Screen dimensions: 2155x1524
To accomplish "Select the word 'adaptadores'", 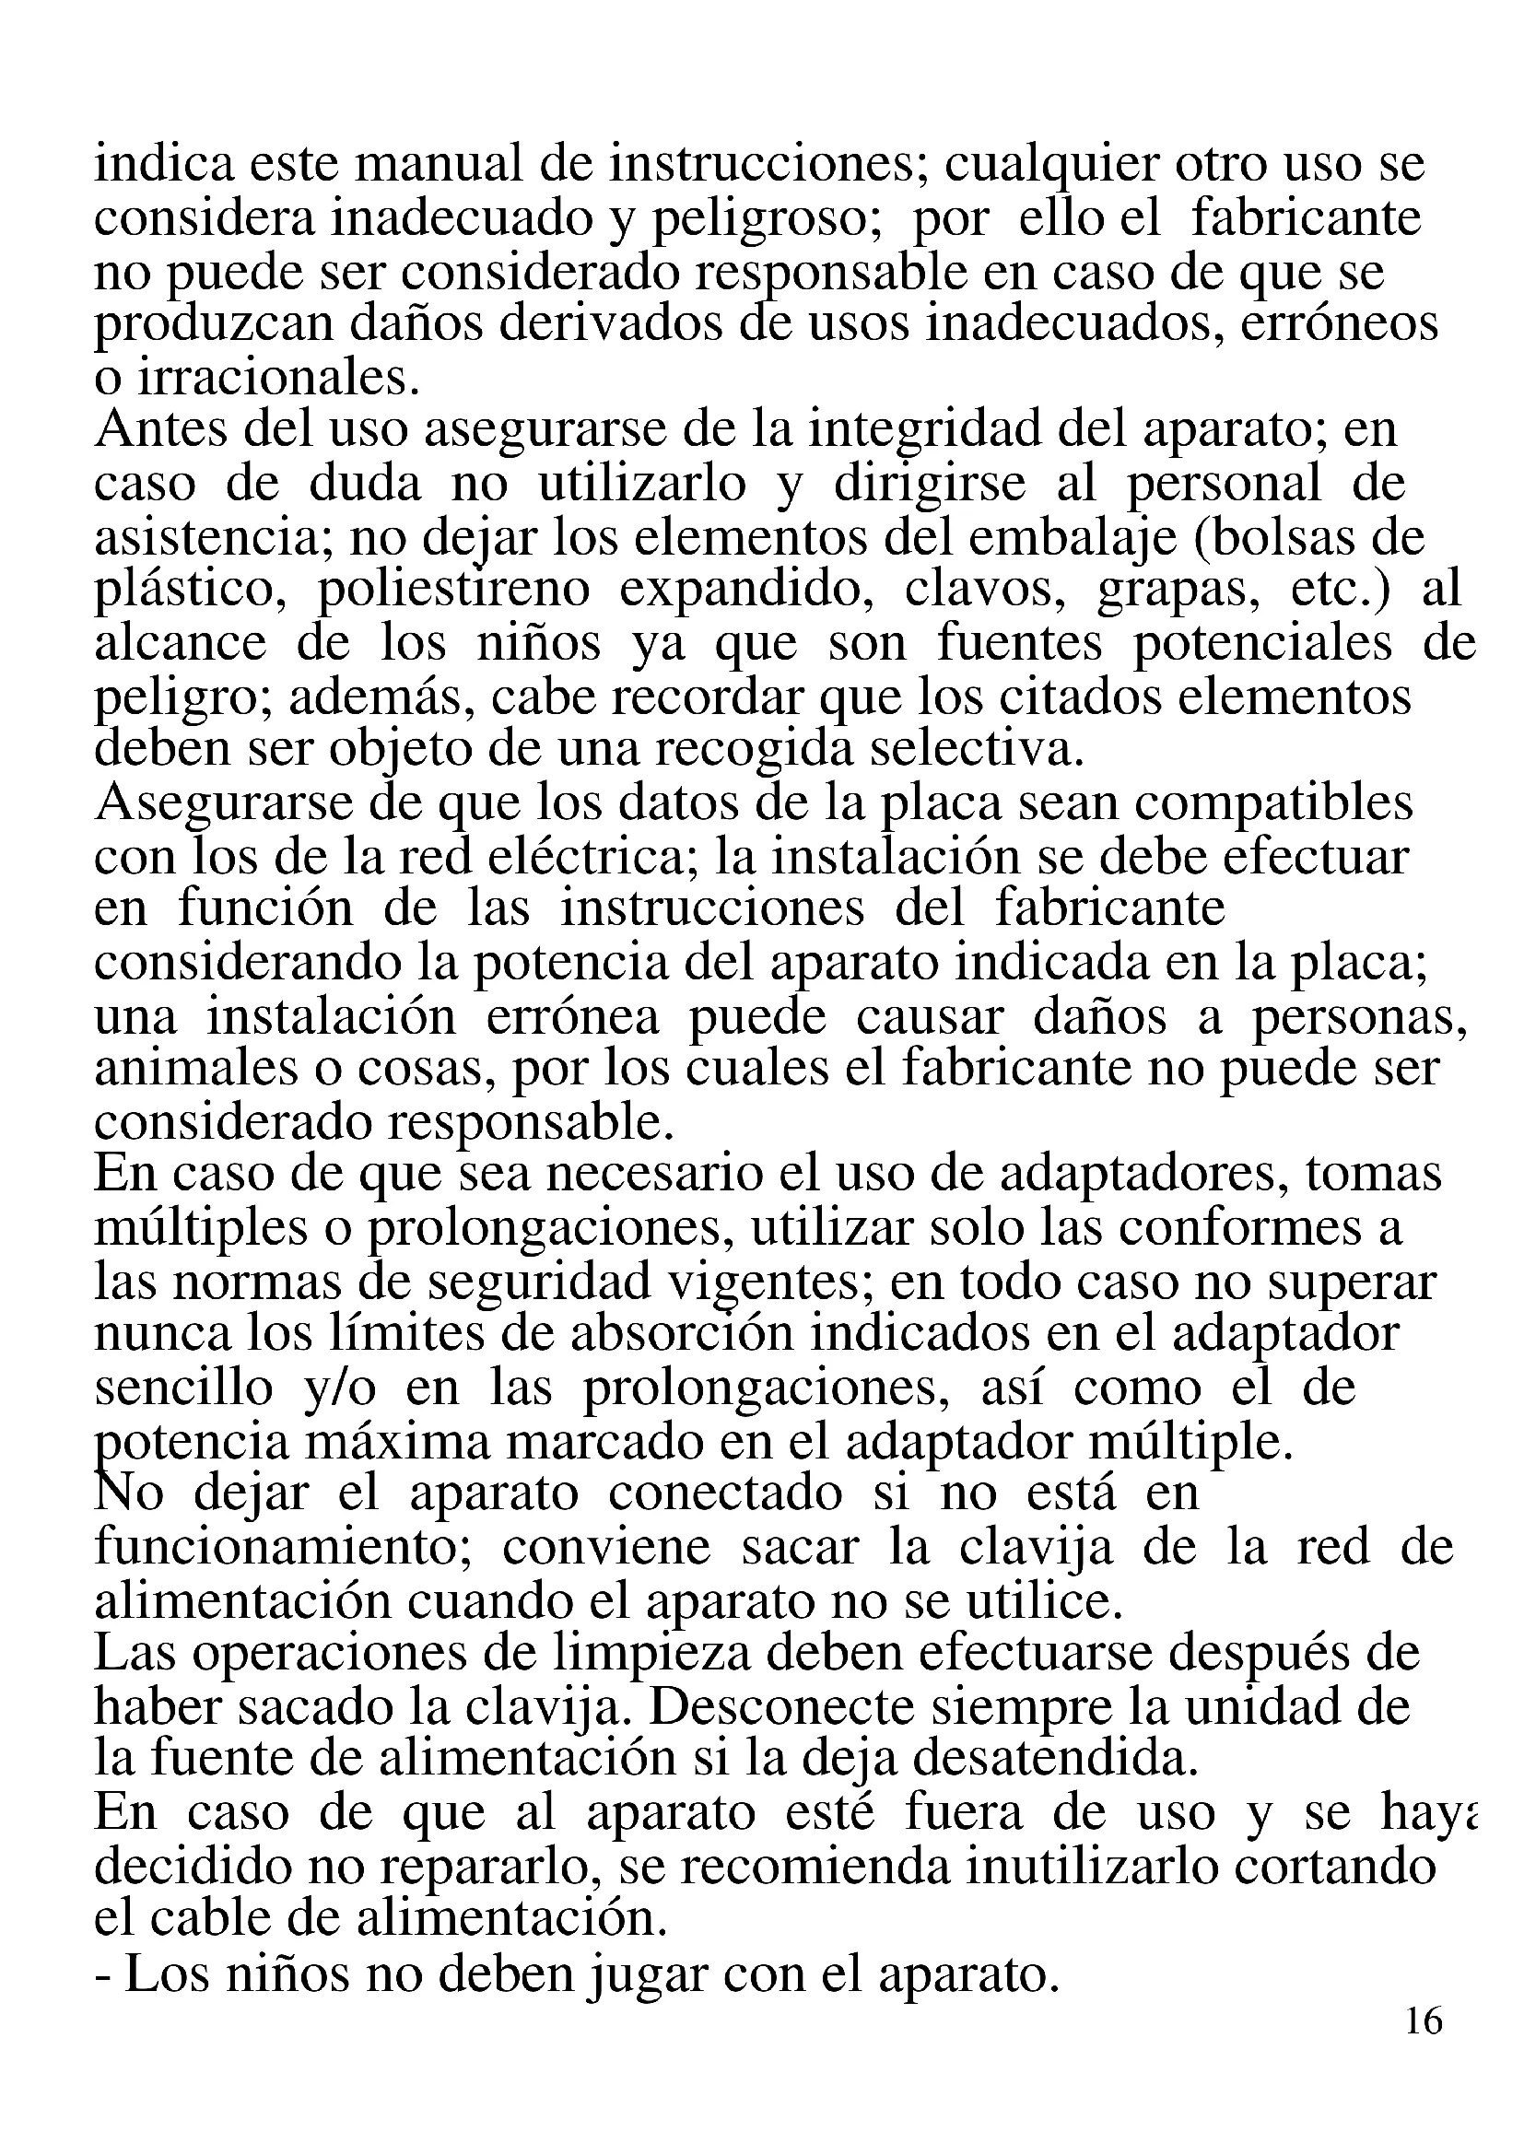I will click(x=1137, y=1174).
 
